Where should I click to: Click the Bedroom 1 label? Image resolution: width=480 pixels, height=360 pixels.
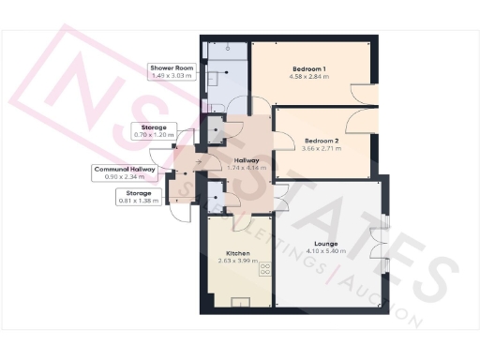[308, 69]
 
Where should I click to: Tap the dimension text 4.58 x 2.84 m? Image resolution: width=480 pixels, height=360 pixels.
[308, 78]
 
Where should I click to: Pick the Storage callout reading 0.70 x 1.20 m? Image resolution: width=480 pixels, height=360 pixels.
[154, 131]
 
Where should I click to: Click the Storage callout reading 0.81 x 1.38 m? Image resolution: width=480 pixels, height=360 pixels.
[137, 196]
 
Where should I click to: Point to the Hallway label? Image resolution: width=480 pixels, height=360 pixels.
[247, 159]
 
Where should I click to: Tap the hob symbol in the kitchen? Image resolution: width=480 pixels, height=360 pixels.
[263, 269]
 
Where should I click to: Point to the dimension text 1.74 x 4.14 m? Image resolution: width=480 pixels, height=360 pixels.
[247, 168]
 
